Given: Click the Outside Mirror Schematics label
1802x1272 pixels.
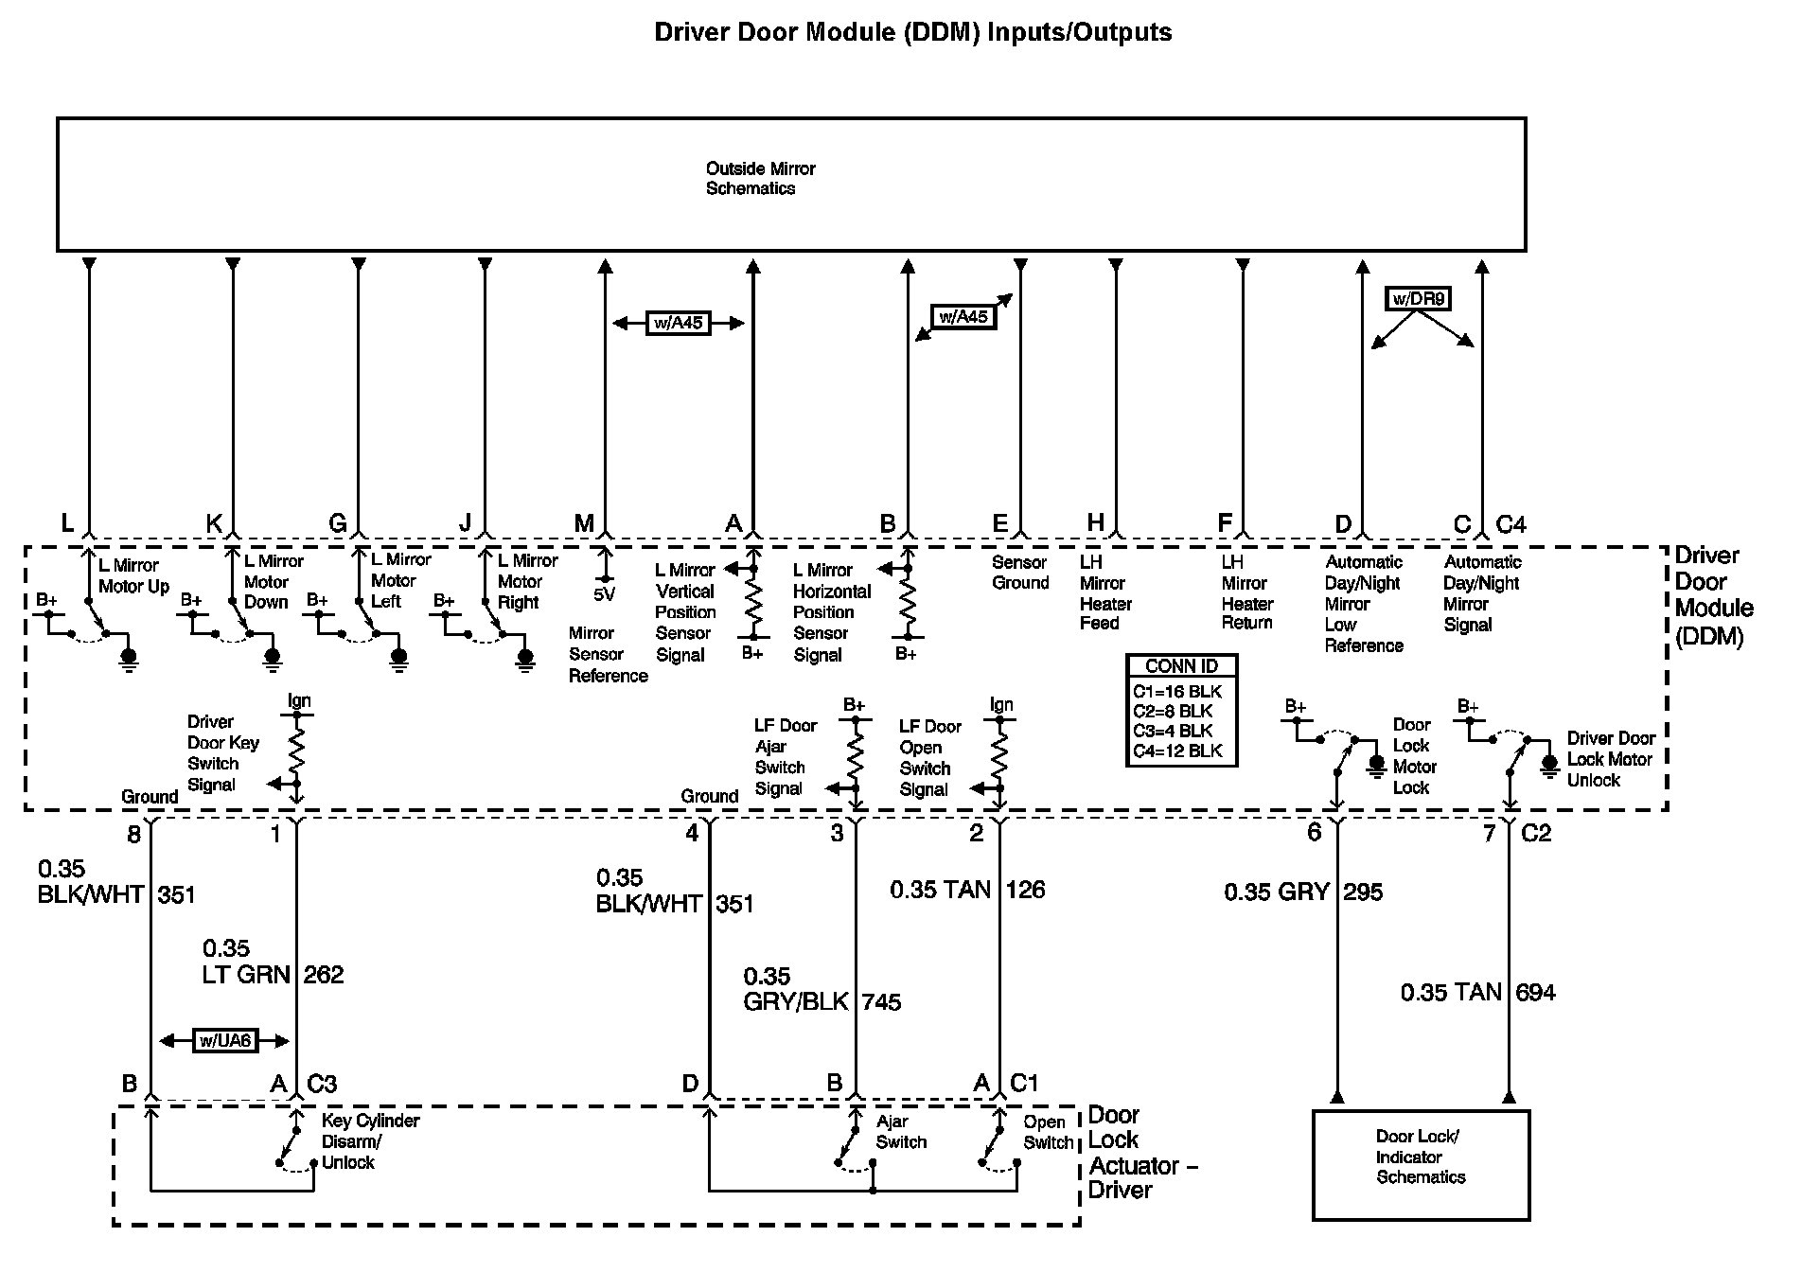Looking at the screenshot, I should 760,178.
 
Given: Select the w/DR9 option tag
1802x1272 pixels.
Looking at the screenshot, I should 1418,299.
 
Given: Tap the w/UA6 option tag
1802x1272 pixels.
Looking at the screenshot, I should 225,1041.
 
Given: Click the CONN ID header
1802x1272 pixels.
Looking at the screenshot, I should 1181,665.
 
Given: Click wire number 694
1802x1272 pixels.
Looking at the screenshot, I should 1535,992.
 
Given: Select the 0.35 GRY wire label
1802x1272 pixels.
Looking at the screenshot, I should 1277,892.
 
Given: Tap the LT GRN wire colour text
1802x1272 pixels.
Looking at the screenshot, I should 246,975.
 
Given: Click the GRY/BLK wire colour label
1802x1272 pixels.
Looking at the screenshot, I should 796,1001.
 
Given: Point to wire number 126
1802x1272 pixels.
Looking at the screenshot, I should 1025,890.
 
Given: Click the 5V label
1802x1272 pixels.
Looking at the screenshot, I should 604,595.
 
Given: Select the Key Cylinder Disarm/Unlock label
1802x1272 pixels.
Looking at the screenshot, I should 370,1141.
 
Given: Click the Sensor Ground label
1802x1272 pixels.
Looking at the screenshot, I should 1020,573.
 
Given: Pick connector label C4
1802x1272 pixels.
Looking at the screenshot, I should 1510,524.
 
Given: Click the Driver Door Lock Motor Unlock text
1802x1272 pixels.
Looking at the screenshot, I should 1611,759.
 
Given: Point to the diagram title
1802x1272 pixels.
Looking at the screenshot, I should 913,32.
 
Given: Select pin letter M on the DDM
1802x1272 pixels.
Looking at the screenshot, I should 584,523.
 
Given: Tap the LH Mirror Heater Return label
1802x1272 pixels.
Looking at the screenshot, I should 1246,592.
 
